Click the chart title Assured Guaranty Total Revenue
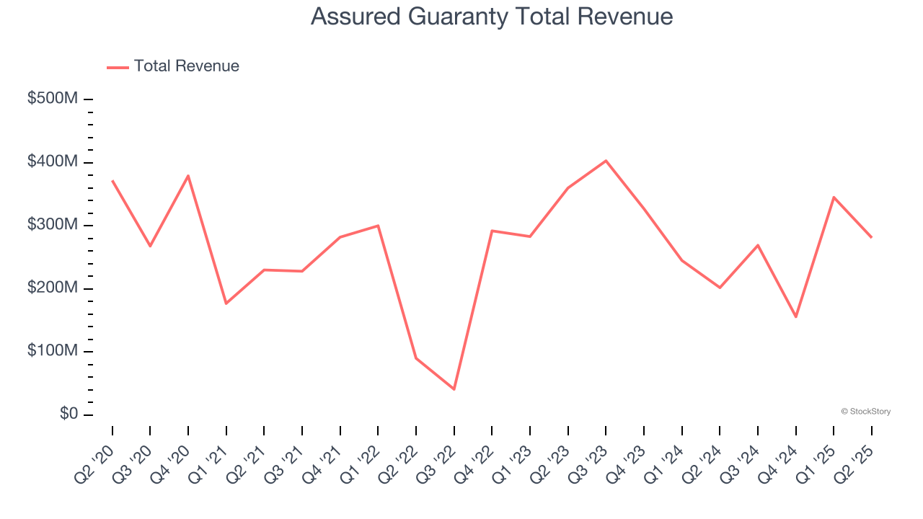(492, 17)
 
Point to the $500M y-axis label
(53, 99)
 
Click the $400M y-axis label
(53, 161)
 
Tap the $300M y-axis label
(53, 225)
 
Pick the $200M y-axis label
(53, 288)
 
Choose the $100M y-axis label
(53, 351)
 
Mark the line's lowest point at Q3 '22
(454, 389)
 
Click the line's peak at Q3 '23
(606, 161)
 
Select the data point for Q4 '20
(188, 176)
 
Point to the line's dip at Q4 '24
(795, 316)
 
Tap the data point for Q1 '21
(226, 303)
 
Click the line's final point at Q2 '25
(871, 237)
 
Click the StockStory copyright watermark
(865, 412)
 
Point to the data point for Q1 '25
(834, 197)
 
